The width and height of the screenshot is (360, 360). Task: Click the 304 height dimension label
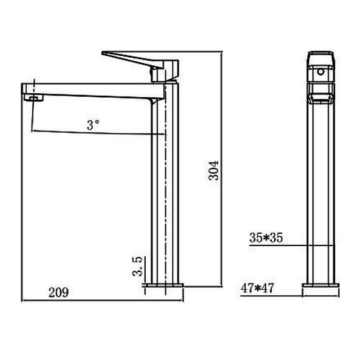pos(216,170)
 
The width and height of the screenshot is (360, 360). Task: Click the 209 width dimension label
pos(58,293)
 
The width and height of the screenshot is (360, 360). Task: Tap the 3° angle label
pos(93,125)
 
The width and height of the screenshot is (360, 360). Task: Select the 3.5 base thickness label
pos(138,265)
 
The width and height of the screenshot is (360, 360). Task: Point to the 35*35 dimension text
pos(266,238)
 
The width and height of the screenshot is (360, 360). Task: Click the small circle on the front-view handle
pos(321,72)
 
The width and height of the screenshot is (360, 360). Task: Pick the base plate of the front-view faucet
pos(320,285)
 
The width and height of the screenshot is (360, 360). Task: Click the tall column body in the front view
pos(321,189)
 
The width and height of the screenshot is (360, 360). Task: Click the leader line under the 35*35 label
pos(288,246)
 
